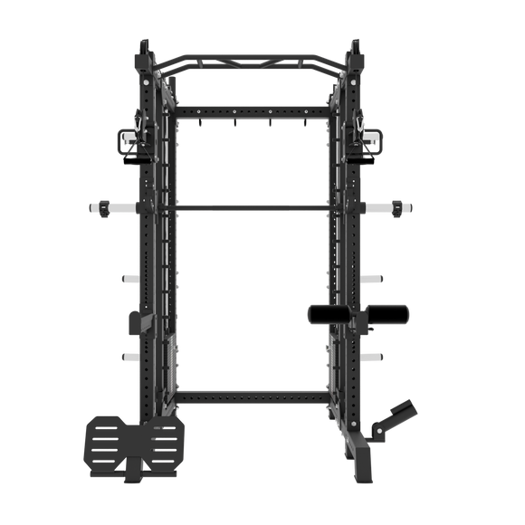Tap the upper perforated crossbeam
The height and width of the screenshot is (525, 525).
coord(262,110)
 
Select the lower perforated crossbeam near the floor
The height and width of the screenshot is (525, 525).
coord(262,396)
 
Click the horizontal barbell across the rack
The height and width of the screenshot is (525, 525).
coord(262,208)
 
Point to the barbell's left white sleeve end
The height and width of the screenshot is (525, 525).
coord(100,208)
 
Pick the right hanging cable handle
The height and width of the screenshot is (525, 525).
coord(369,141)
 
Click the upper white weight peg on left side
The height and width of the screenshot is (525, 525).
coord(129,278)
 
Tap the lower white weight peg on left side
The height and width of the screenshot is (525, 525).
coord(129,356)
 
